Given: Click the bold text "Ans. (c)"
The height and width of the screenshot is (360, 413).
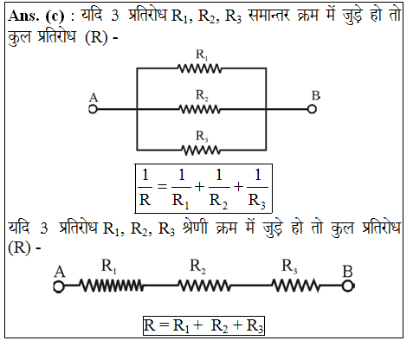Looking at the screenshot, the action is [36, 16].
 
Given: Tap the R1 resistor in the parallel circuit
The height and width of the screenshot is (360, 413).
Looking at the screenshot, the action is [200, 68].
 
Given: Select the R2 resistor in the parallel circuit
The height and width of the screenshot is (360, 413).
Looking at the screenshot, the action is [200, 109].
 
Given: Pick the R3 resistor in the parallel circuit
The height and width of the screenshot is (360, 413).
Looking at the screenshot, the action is [201, 151].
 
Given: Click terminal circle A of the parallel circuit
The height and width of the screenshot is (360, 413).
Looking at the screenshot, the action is [93, 109].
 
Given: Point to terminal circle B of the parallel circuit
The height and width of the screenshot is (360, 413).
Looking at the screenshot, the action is [312, 109].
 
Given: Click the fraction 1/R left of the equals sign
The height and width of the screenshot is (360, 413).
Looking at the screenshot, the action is [145, 188].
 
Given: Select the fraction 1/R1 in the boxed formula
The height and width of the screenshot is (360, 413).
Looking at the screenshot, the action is [181, 189].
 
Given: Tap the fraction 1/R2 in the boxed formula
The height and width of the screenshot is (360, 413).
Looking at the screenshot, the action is [219, 189].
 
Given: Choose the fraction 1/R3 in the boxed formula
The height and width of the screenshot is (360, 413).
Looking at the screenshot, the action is [257, 189].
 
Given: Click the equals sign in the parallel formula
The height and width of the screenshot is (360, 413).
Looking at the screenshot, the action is [162, 187].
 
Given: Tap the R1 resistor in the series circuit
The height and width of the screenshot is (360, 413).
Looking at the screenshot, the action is [112, 286].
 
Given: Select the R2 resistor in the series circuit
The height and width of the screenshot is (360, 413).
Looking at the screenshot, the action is [204, 286].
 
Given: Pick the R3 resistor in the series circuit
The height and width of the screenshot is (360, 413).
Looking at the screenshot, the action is [295, 286].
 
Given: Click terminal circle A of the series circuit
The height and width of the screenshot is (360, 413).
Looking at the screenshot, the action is [59, 286].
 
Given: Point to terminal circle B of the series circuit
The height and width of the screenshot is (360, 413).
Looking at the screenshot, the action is [348, 286].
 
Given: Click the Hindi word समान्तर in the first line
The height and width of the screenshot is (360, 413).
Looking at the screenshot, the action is [269, 16].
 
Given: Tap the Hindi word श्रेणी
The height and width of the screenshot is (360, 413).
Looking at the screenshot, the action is [195, 228].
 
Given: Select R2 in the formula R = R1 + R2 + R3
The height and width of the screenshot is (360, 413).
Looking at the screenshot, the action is [219, 326].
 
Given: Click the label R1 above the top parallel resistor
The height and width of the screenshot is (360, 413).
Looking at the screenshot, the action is [202, 55].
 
